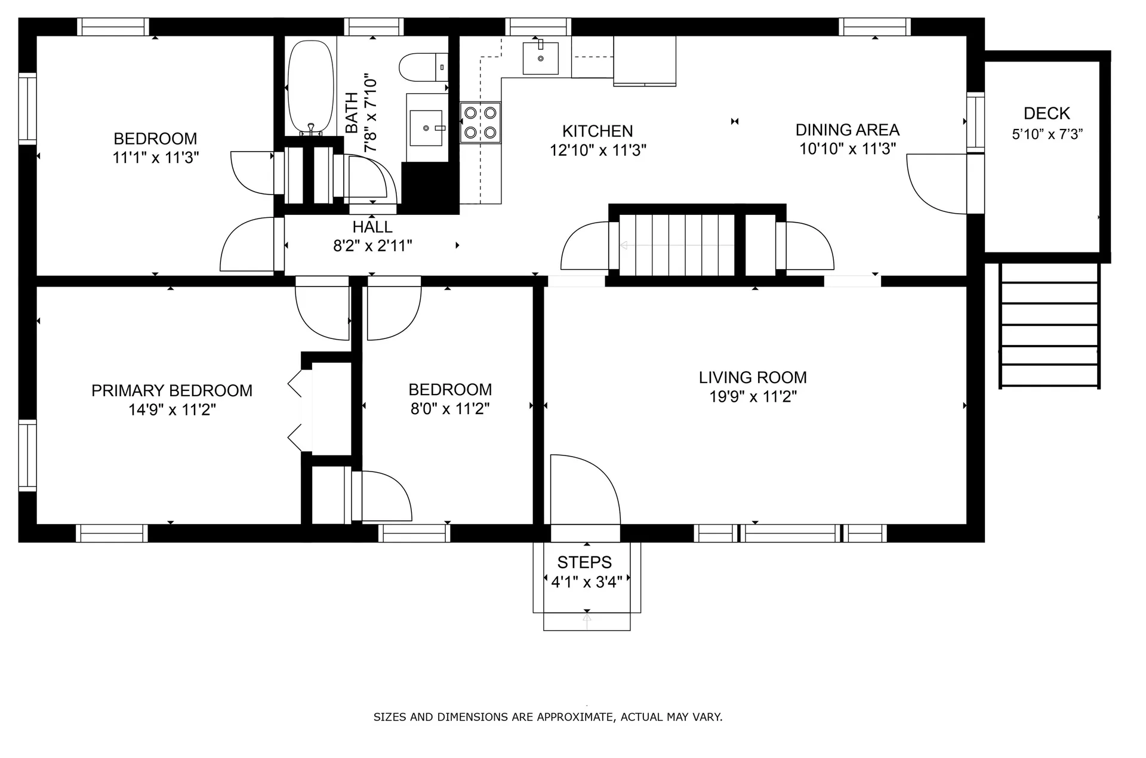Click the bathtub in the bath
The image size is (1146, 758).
pos(310,88)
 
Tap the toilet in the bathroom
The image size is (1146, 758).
pos(424,67)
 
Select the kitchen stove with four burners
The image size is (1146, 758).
pos(480,122)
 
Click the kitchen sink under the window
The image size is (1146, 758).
pos(541,58)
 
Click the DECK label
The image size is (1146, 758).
pos(1047,113)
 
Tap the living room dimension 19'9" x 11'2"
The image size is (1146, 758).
pos(753,397)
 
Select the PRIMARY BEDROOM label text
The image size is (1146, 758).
pos(172,391)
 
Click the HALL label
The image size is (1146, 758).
pos(372,227)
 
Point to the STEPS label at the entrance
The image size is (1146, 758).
pos(584,562)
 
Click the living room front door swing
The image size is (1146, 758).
pos(586,489)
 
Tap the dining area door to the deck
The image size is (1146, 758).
pos(936,184)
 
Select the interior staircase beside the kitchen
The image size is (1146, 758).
pos(676,245)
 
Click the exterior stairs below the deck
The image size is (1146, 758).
pos(1050,325)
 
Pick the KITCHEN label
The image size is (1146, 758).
pos(597,131)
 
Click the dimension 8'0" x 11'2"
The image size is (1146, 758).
pos(450,409)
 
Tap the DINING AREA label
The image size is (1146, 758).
pos(848,130)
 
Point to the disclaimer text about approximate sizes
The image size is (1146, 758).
pos(548,717)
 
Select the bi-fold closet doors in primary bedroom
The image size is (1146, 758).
pos(295,411)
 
